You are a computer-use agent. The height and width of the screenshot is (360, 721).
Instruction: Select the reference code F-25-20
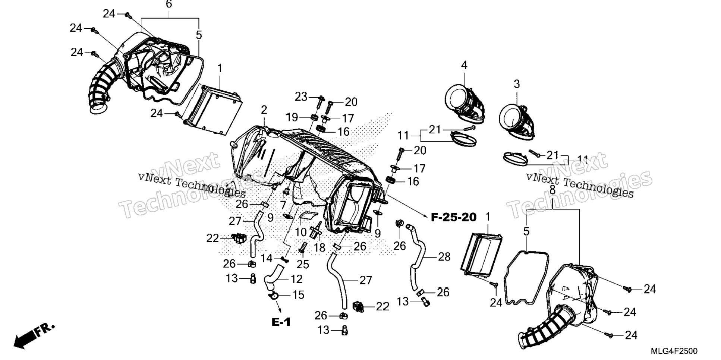454,217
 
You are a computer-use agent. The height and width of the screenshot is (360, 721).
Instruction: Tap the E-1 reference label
281,322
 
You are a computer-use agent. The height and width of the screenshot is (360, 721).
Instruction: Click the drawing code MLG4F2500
674,351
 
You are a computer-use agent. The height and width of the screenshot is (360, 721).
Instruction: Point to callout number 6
169,5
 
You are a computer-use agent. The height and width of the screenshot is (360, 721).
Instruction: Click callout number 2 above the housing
264,110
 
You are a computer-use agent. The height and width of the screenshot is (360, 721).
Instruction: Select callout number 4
464,65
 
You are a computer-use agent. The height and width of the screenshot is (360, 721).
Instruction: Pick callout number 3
516,84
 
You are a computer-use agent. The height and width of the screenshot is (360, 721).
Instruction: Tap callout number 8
552,190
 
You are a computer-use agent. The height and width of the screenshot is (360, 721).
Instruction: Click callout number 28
444,257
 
